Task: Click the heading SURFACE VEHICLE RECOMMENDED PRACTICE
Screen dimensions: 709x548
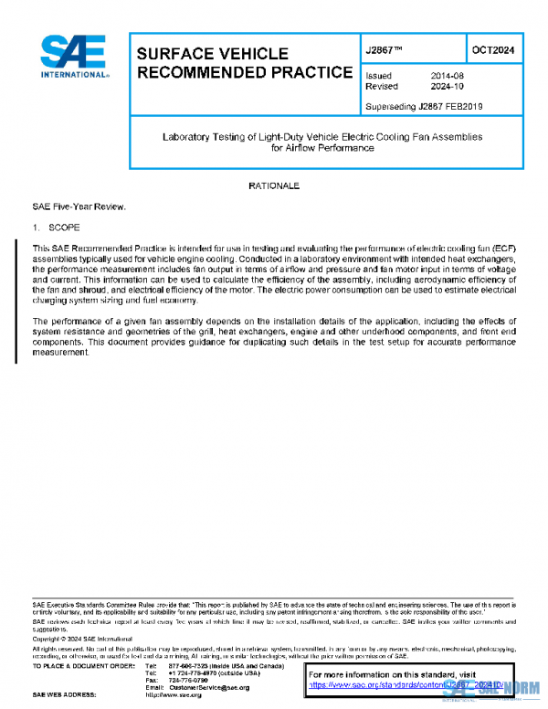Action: point(244,63)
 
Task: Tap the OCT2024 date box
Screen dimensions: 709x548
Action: point(492,50)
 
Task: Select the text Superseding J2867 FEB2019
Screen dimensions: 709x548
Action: point(424,106)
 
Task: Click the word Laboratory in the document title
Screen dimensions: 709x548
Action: point(186,136)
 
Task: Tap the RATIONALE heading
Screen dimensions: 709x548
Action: point(274,185)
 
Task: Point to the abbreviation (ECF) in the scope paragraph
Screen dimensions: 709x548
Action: point(501,249)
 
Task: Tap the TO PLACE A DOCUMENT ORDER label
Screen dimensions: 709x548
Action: point(85,665)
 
